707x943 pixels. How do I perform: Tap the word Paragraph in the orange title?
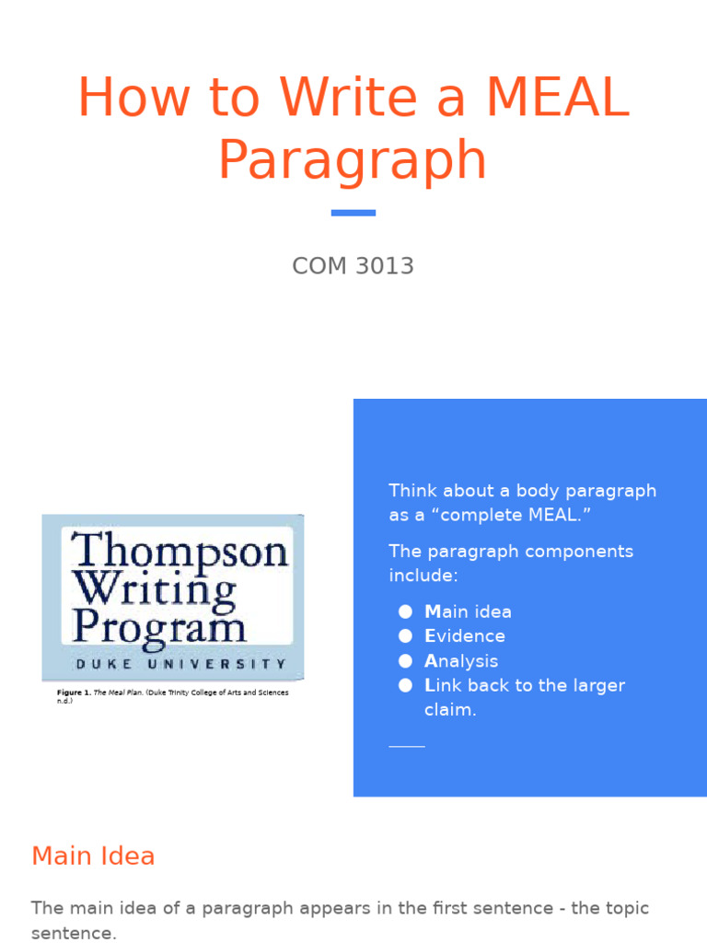click(353, 159)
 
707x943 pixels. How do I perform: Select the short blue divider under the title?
click(353, 213)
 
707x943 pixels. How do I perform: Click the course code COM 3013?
click(353, 266)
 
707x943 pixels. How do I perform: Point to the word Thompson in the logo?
click(180, 551)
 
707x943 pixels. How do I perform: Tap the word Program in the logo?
click(159, 628)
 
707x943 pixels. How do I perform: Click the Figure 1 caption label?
click(74, 693)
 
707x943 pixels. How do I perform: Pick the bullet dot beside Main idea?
click(405, 611)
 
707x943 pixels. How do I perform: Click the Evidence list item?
click(465, 636)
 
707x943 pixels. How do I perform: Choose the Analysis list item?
click(461, 661)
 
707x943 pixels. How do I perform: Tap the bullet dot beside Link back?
click(405, 685)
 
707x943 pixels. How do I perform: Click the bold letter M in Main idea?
click(433, 611)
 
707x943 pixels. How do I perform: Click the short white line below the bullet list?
click(407, 746)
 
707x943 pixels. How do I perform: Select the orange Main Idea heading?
click(93, 856)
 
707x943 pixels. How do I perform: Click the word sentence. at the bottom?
click(75, 934)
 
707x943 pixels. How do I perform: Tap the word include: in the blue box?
click(423, 576)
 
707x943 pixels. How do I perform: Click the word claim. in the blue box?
click(450, 710)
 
